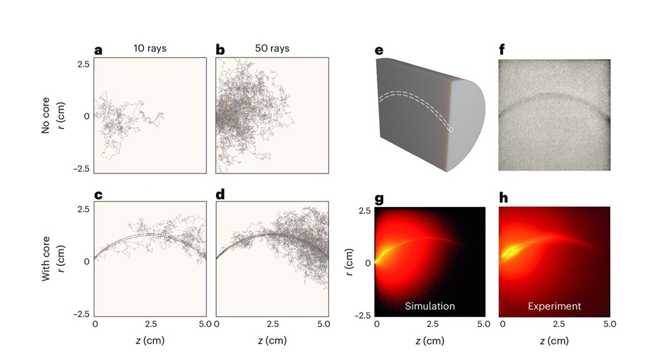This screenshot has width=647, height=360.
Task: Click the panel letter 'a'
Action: pos(98,51)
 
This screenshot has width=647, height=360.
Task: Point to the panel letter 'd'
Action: pos(220,195)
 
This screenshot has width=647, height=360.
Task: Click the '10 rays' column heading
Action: pos(149,48)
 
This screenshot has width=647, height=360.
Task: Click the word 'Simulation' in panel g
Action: pos(430,306)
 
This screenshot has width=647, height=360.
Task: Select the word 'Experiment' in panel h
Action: pos(554,306)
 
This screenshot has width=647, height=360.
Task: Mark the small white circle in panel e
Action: pos(451,129)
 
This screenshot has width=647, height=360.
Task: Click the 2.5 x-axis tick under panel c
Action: pos(150,324)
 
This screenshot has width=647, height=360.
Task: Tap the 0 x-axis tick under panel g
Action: pos(377,324)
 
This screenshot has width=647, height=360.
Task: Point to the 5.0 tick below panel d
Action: pos(323,324)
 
